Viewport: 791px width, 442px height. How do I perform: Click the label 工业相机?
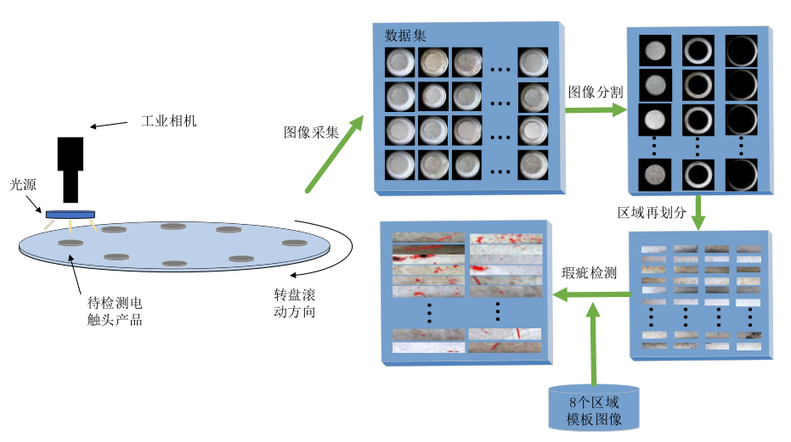coord(168,121)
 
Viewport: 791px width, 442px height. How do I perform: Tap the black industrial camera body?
coord(70,166)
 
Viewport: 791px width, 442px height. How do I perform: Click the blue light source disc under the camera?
coord(71,215)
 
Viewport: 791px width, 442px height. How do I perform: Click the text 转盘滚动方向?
coord(294,304)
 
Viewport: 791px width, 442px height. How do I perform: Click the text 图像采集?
coord(311,132)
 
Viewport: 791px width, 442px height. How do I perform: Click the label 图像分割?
coord(596,92)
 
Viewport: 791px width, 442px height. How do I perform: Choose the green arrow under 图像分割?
coord(596,109)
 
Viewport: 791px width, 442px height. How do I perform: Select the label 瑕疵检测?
coord(590,273)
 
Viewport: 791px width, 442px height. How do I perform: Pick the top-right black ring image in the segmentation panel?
coord(741,49)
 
